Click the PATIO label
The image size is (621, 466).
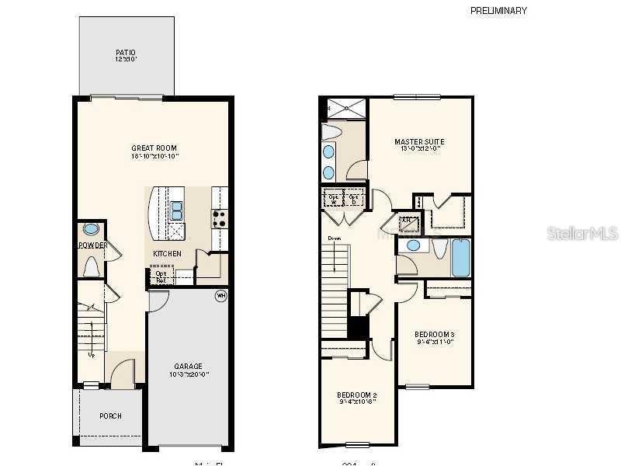pyautogui.click(x=126, y=53)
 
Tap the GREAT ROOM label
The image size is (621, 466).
pyautogui.click(x=154, y=148)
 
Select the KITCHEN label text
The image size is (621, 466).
pyautogui.click(x=167, y=254)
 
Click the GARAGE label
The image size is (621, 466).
pyautogui.click(x=188, y=367)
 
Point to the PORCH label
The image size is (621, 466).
pyautogui.click(x=110, y=416)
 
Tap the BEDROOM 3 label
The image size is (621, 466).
pyautogui.click(x=434, y=334)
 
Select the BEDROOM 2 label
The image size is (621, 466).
pyautogui.click(x=358, y=395)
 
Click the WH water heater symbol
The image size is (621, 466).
pyautogui.click(x=220, y=296)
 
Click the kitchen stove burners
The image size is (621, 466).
pyautogui.click(x=218, y=219)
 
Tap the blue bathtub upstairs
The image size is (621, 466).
pyautogui.click(x=460, y=258)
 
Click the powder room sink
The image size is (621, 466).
pyautogui.click(x=91, y=230)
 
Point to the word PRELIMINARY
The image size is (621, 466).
pyautogui.click(x=498, y=11)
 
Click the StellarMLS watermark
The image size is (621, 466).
pyautogui.click(x=582, y=233)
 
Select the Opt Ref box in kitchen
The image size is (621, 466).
pyautogui.click(x=161, y=276)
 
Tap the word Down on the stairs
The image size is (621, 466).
pyautogui.click(x=334, y=238)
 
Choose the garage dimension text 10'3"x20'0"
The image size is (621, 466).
pyautogui.click(x=188, y=375)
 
